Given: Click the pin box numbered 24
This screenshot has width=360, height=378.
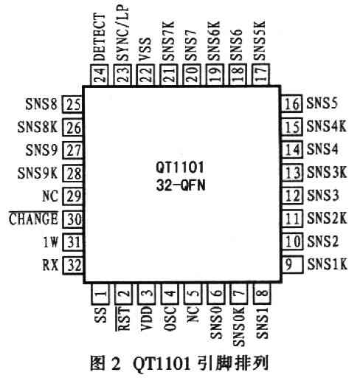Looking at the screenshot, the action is (x=100, y=75).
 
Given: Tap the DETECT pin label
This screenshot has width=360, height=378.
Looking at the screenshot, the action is (x=100, y=38).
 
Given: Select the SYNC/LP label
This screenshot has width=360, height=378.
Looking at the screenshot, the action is (x=122, y=33).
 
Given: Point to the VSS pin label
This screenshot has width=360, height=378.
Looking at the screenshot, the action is (x=145, y=49).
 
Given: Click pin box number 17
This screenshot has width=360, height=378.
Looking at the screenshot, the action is (x=261, y=75).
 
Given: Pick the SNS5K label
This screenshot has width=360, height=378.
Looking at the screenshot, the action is (x=260, y=41).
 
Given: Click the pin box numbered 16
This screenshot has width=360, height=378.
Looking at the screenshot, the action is (x=292, y=103).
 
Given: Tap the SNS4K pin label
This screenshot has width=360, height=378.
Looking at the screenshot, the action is (x=327, y=126).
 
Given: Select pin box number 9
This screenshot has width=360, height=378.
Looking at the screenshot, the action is (x=292, y=264).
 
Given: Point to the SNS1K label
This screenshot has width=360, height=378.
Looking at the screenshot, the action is (x=328, y=264).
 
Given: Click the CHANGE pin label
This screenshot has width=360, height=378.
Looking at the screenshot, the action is (x=33, y=219).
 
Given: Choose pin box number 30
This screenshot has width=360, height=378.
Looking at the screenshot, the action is (x=73, y=219).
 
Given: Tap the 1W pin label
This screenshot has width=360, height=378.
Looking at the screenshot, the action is (x=51, y=242).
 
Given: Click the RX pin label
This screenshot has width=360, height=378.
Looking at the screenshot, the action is (x=51, y=265).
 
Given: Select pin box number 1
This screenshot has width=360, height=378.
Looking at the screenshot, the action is (x=100, y=294).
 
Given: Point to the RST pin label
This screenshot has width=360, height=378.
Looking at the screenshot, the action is (x=122, y=318).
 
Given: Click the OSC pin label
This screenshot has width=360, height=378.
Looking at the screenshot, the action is (x=170, y=318).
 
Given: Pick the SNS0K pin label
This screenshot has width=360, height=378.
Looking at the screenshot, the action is (x=239, y=326).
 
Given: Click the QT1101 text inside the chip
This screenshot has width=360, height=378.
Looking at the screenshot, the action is (x=180, y=168).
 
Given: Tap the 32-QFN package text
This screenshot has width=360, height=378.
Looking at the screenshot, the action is (x=181, y=185).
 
